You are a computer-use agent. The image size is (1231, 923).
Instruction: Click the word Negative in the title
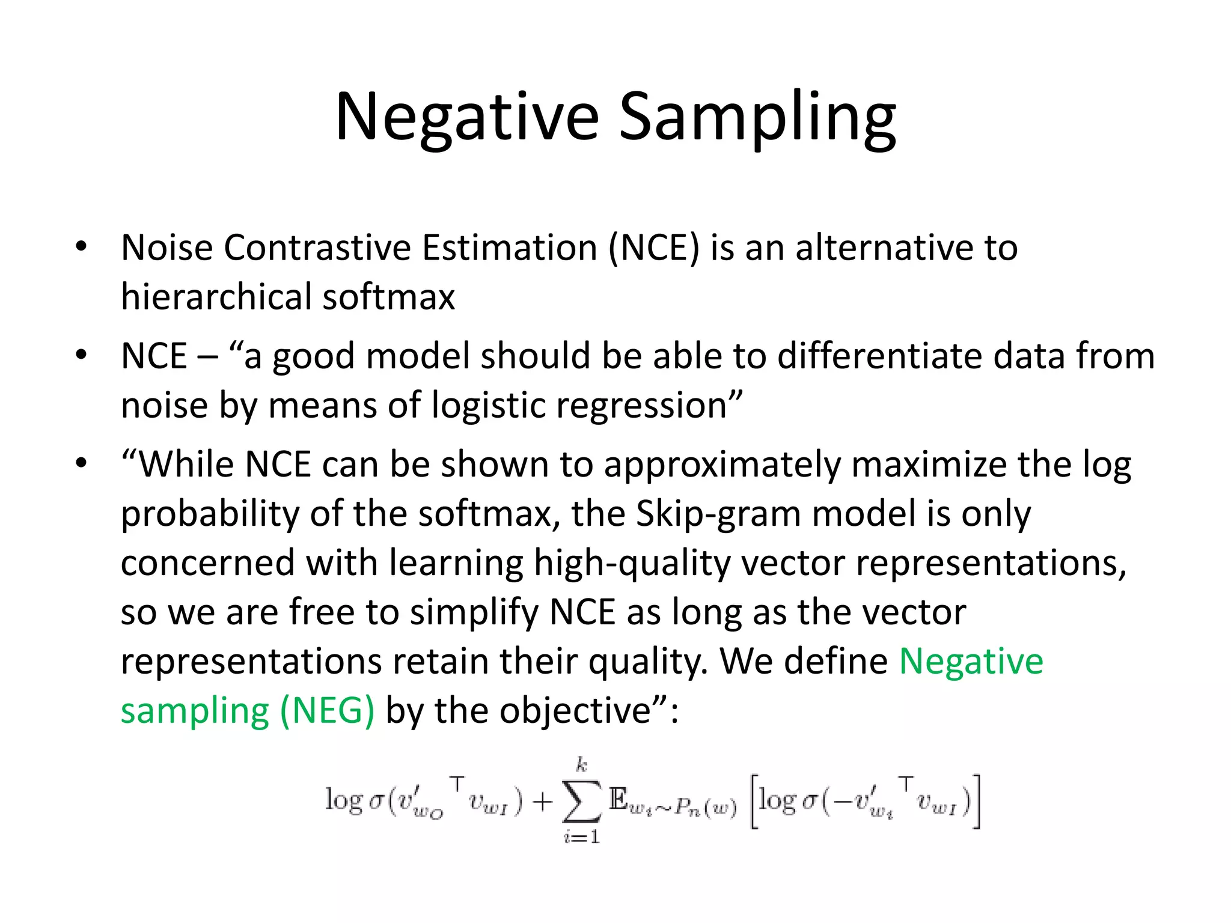point(467,117)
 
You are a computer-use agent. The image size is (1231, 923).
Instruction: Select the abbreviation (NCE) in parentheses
point(655,248)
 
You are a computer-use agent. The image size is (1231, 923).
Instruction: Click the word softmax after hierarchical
point(388,297)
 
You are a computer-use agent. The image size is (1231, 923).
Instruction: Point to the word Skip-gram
point(718,514)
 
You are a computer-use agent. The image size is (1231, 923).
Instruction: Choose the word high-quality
point(632,564)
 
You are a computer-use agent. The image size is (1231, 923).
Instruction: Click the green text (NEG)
point(328,711)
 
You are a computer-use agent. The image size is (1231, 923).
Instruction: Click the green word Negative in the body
point(971,662)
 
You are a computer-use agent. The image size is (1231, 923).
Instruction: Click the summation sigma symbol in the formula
point(581,801)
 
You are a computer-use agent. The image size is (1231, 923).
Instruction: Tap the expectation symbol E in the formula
point(618,800)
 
